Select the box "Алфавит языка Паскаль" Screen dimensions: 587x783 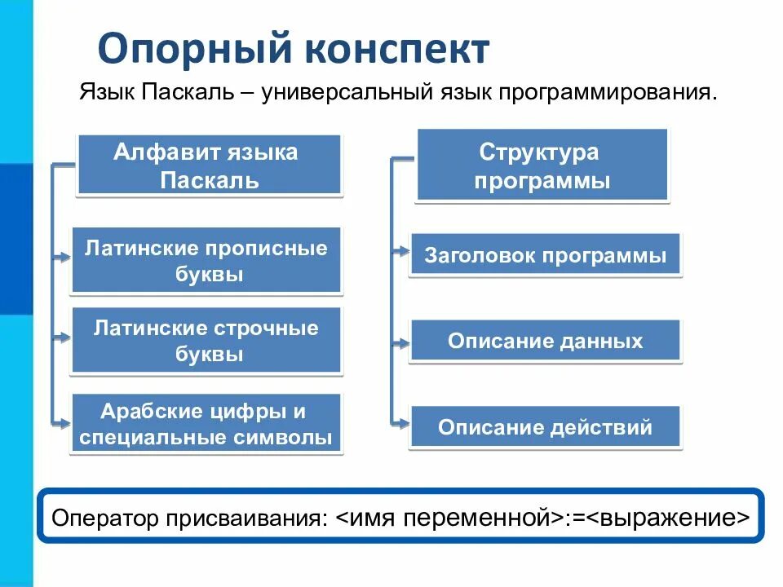click(209, 166)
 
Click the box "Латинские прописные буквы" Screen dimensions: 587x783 click(206, 261)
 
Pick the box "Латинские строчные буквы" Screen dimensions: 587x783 click(206, 341)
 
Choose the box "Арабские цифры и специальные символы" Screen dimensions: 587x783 click(206, 424)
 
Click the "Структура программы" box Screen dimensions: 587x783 click(542, 166)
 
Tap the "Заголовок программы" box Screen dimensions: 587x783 click(545, 256)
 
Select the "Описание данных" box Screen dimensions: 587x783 click(545, 341)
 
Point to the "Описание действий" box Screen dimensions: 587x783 click(545, 426)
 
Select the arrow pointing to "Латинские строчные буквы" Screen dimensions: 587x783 click(63, 337)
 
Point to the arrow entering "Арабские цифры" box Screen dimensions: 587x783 click(63, 421)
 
